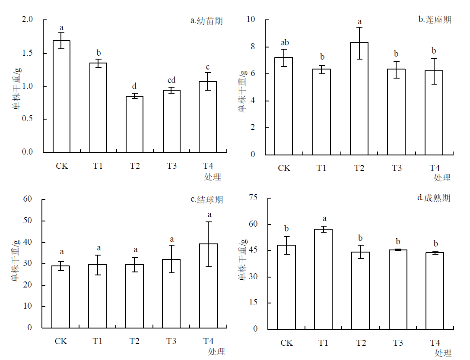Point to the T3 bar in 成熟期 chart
pyautogui.click(x=397, y=289)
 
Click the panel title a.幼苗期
pyautogui.click(x=206, y=21)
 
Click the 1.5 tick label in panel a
pyautogui.click(x=27, y=53)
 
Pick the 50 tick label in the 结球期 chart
pyautogui.click(x=28, y=221)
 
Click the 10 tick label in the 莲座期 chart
pyautogui.click(x=251, y=19)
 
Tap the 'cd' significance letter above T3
pyautogui.click(x=171, y=80)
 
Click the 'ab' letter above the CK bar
pyautogui.click(x=285, y=43)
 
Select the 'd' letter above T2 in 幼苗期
pyautogui.click(x=135, y=86)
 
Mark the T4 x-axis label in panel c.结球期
pyautogui.click(x=208, y=341)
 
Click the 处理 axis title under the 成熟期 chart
pyautogui.click(x=443, y=353)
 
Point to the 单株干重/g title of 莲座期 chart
pyautogui.click(x=243, y=92)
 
